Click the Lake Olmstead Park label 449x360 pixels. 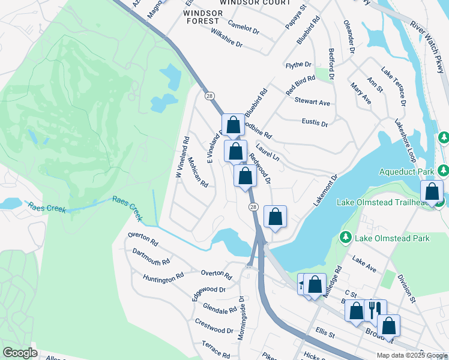point(392,238)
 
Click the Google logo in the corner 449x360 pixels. point(20,353)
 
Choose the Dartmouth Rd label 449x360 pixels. point(151,257)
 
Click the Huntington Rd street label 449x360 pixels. point(163,278)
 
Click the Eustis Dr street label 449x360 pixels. point(315,124)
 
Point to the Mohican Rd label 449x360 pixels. point(197,172)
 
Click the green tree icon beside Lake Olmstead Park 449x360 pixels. point(345,238)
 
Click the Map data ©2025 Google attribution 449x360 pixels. point(412,355)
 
